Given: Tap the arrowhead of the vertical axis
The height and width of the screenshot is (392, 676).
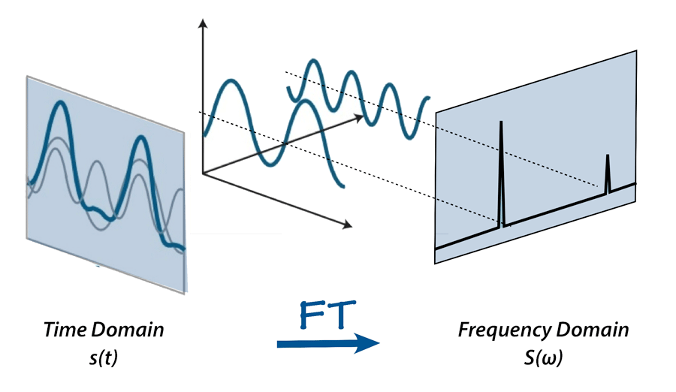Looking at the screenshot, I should [x=201, y=23].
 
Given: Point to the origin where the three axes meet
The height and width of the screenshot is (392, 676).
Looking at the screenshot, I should [x=203, y=173].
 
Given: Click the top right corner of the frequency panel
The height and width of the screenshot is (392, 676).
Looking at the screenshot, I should [x=636, y=51].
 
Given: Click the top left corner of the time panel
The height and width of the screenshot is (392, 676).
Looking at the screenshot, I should [x=26, y=76].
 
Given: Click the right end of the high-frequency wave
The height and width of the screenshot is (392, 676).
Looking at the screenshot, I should [x=429, y=98].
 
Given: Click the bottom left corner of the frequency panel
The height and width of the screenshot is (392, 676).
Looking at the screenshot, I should [x=436, y=264].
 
